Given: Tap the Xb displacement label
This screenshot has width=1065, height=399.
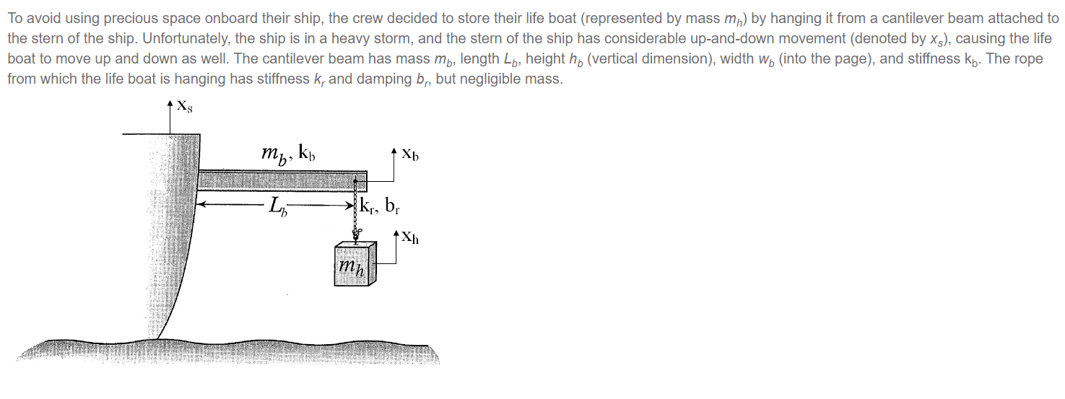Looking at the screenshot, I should coord(410,154).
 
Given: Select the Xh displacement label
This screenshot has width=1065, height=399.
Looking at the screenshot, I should coord(410,237).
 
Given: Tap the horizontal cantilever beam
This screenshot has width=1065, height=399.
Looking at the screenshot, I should coord(282,180).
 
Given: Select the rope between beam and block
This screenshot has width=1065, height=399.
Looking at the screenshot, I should coord(356,216).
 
